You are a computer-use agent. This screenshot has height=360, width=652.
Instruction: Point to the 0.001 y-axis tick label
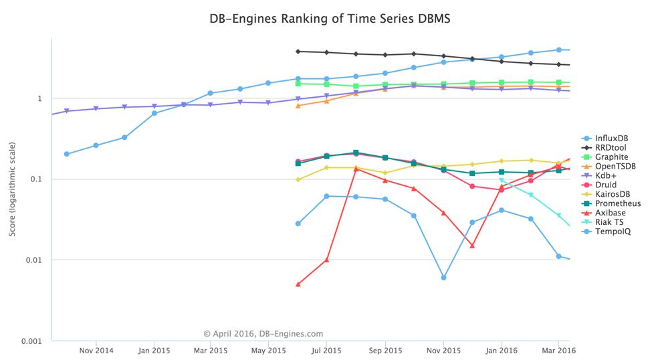30,341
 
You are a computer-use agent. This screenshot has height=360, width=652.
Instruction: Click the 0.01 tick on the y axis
33,260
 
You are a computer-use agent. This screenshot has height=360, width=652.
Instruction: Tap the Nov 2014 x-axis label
96,349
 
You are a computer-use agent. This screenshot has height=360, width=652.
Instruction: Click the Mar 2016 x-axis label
558,349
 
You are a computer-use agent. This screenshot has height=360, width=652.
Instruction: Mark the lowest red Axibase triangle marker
298,284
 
